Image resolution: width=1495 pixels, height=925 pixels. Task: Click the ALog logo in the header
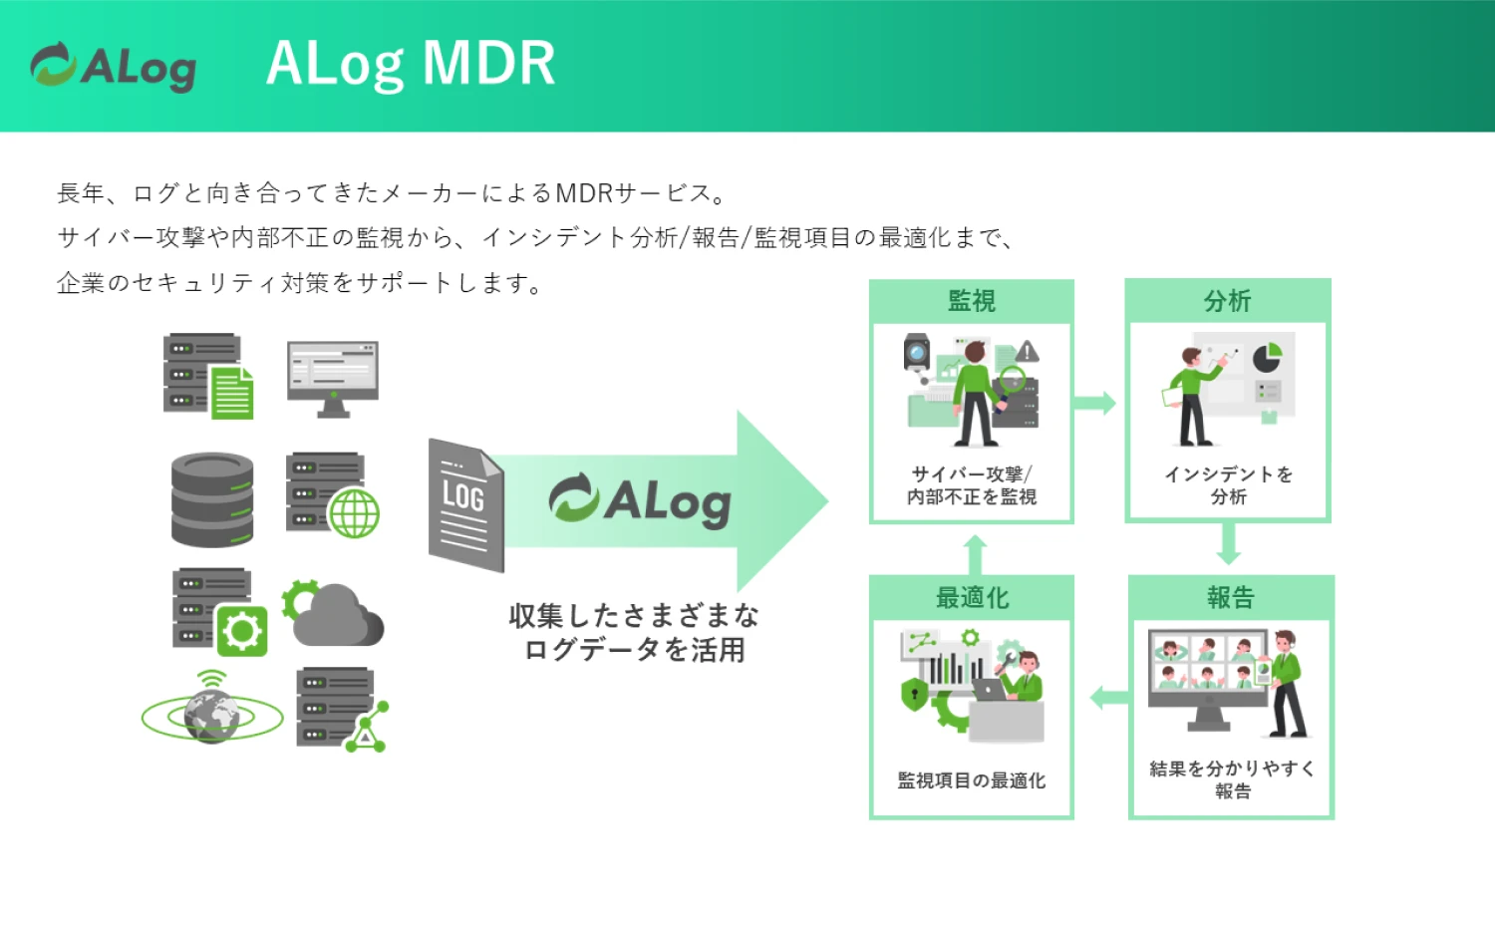click(114, 66)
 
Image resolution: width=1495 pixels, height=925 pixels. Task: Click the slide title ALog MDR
click(411, 64)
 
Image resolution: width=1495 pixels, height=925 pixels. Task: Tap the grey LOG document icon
click(465, 505)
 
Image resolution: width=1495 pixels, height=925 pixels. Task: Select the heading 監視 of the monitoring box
click(972, 301)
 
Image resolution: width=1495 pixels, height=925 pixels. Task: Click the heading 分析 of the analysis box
click(1227, 301)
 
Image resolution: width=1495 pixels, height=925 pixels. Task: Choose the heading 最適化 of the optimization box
click(972, 597)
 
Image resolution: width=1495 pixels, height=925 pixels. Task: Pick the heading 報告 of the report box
click(1231, 597)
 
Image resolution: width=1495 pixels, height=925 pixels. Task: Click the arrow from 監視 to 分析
click(1094, 403)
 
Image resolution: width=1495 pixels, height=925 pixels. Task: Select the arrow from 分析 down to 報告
click(1229, 544)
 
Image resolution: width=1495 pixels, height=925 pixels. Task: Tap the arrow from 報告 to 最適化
click(1109, 698)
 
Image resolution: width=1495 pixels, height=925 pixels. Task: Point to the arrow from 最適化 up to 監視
click(975, 554)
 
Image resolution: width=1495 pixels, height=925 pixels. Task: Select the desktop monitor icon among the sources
click(333, 379)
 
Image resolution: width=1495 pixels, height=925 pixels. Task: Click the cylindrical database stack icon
click(212, 499)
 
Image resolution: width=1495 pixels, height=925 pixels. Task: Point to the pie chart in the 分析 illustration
click(1267, 358)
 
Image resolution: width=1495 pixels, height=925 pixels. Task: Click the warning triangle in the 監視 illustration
click(1028, 351)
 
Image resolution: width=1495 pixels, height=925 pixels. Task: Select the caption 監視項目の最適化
click(971, 780)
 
